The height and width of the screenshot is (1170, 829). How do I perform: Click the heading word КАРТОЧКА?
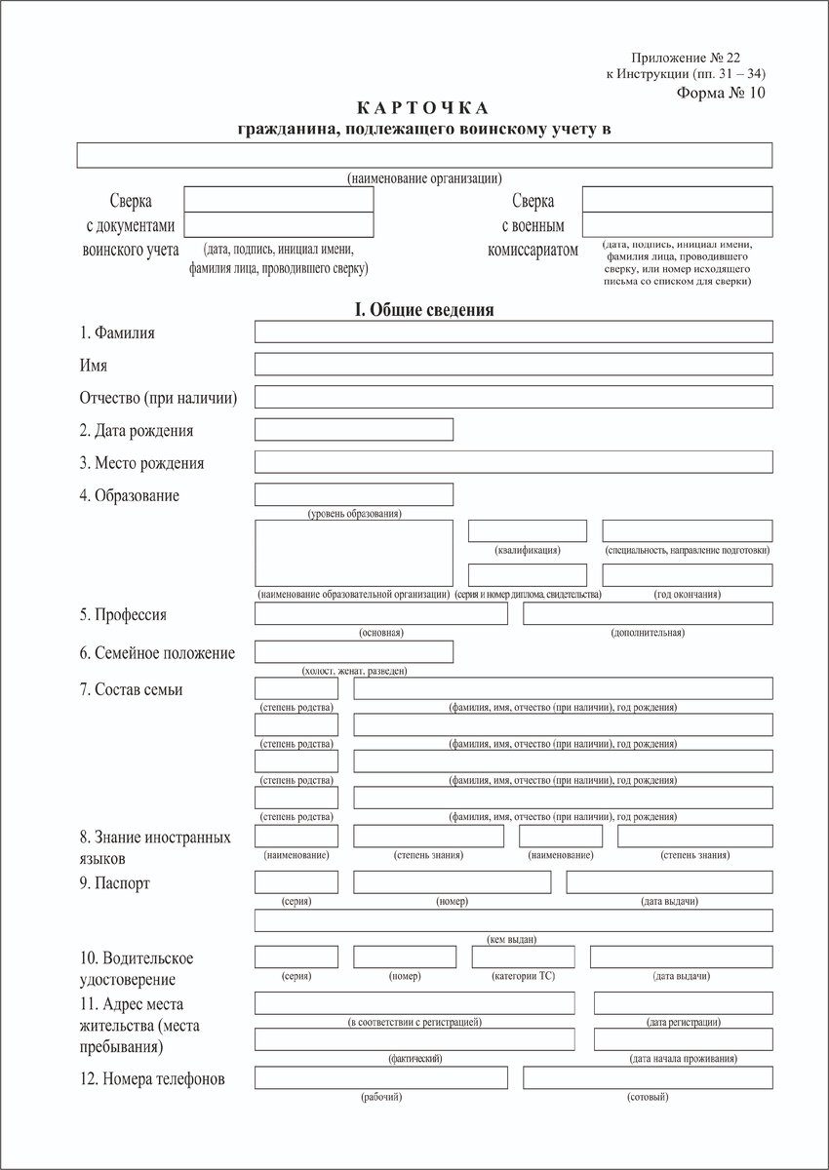point(426,107)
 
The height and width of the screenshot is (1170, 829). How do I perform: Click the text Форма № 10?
point(721,94)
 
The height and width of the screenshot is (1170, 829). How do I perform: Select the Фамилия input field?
point(513,331)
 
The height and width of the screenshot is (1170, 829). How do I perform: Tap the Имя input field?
point(513,365)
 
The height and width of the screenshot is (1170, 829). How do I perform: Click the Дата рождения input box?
point(353,430)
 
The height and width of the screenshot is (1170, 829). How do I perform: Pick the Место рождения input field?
point(513,462)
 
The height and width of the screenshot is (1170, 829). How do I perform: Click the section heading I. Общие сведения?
point(424,310)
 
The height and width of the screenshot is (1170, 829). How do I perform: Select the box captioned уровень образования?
point(353,495)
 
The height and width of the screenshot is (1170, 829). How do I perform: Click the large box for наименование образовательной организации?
point(353,553)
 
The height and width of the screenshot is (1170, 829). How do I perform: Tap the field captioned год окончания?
point(687,575)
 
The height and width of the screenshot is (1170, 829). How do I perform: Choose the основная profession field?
point(380,613)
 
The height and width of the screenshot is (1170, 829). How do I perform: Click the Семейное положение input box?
point(353,651)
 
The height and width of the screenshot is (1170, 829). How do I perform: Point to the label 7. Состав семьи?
point(132,689)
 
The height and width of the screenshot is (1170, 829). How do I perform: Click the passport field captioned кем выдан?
point(513,920)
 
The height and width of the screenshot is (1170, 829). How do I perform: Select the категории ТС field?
point(523,956)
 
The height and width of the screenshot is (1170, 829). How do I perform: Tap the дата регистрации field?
point(683,1003)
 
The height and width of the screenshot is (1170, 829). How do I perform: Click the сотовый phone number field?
point(648,1077)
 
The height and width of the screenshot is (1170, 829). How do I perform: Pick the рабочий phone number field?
point(380,1077)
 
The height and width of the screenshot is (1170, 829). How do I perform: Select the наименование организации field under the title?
point(424,156)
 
